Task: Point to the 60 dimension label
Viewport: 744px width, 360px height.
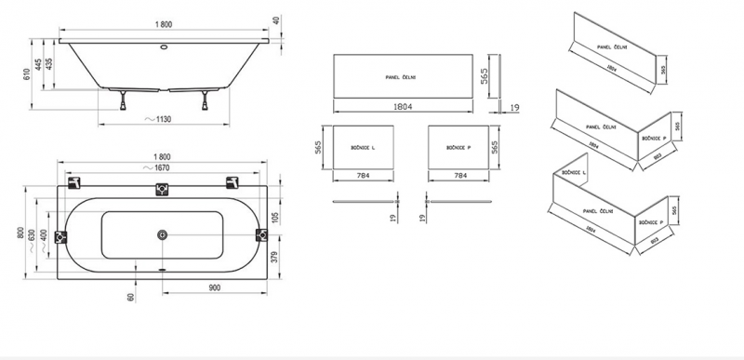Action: pos(131,297)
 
